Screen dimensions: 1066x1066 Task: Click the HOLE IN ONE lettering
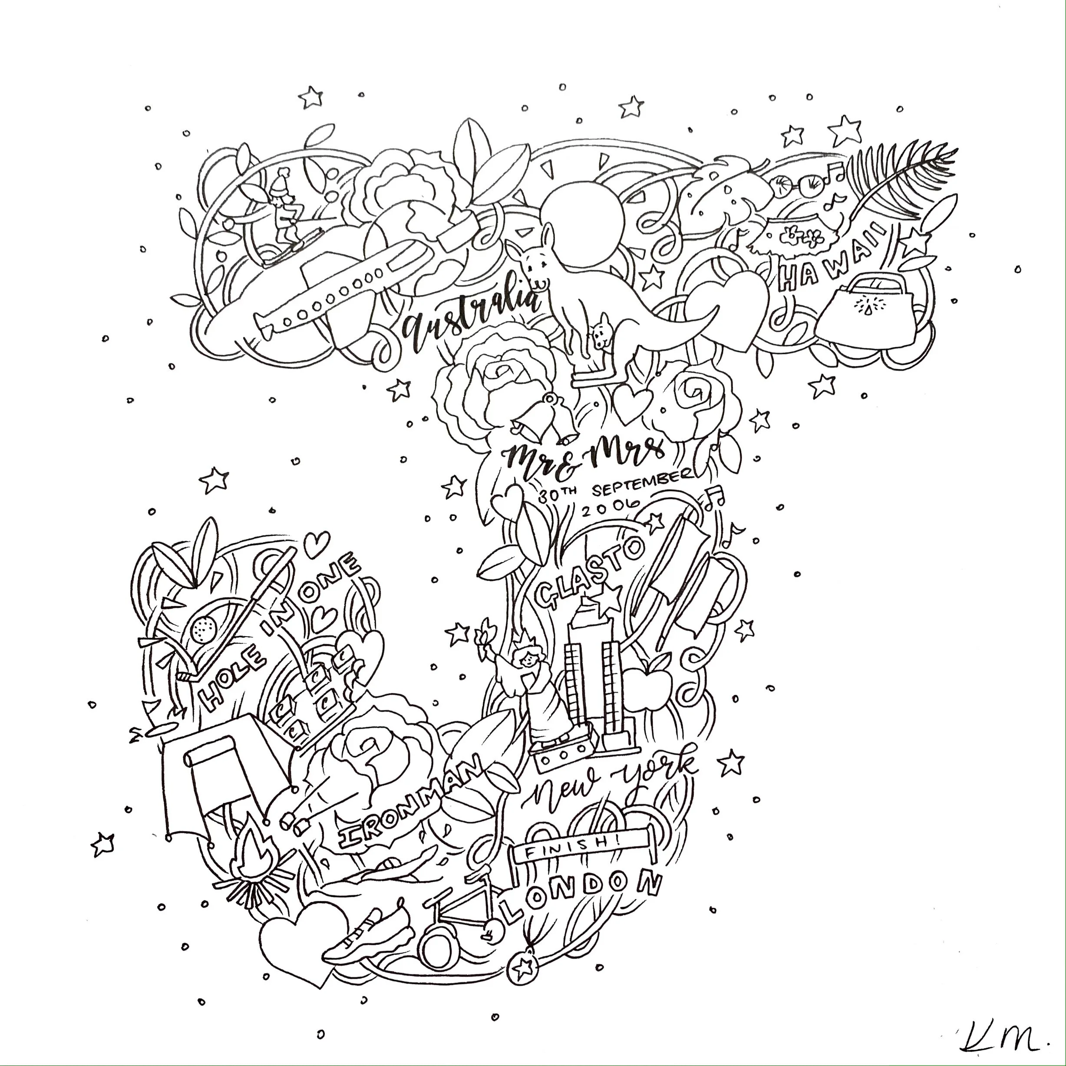276,634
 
